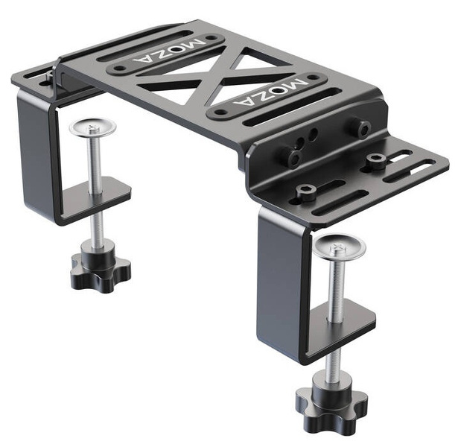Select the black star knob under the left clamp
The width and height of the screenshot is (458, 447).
pyautogui.click(x=101, y=270)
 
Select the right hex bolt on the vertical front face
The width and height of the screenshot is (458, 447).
pyautogui.click(x=364, y=129)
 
